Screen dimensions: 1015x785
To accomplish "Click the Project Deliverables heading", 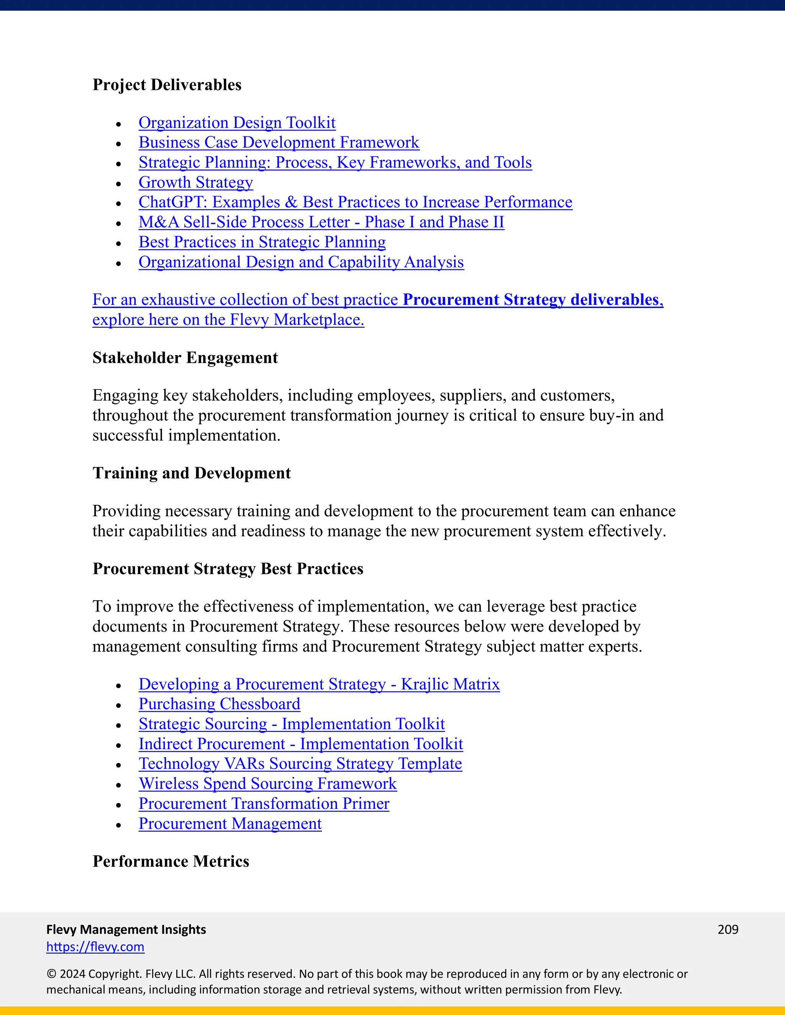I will (167, 85).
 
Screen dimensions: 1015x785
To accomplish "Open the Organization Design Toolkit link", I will (237, 123).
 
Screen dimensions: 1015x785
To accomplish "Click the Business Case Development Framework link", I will (279, 143).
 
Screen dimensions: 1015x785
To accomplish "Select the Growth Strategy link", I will (196, 182).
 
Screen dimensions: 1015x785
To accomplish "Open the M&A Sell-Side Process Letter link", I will (321, 222).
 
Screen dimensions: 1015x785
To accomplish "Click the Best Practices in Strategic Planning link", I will (262, 242).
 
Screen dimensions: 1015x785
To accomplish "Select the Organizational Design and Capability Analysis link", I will (301, 262).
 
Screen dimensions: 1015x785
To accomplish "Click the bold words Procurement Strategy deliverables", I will (530, 300).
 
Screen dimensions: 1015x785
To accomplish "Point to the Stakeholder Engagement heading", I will (185, 358).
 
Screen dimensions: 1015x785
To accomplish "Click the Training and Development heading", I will (192, 473).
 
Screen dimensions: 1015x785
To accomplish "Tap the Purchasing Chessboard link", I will (219, 704).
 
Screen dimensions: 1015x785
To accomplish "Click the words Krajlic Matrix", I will (450, 684).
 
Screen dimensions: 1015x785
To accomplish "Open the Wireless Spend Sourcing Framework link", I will (268, 784).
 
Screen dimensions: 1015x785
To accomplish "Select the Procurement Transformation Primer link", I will (264, 804).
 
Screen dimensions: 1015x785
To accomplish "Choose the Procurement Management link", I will (230, 823).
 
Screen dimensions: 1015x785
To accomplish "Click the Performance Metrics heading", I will (171, 861).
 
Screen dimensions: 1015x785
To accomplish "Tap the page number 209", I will (728, 930).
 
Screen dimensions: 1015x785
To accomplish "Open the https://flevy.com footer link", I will (95, 947).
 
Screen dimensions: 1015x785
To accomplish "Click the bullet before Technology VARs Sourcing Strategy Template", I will (118, 765).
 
